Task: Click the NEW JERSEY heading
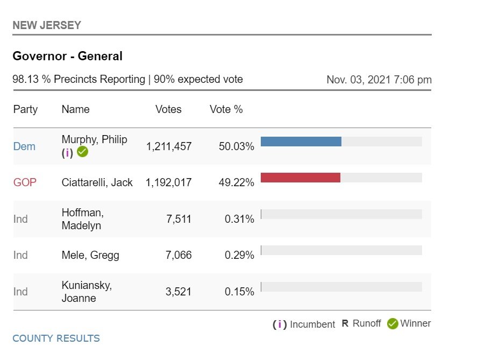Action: tap(47, 25)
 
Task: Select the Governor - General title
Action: tap(67, 56)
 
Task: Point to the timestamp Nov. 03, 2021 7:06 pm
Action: tap(379, 80)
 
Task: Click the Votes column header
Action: tap(168, 110)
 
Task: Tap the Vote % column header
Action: tap(226, 110)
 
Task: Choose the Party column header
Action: tap(25, 110)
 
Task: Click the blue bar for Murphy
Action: tap(301, 142)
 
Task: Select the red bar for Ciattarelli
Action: tap(300, 178)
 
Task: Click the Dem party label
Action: tap(24, 146)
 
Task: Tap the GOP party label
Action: tap(25, 182)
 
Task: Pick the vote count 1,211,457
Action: tap(168, 146)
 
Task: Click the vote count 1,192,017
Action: tap(168, 182)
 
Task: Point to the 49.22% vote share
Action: tap(236, 182)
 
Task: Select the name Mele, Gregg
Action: tap(90, 255)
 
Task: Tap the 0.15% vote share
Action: tap(239, 292)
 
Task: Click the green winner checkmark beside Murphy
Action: tap(82, 152)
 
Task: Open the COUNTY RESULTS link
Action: tap(56, 338)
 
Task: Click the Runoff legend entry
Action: tap(361, 324)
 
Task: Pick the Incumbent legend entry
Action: tap(304, 324)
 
